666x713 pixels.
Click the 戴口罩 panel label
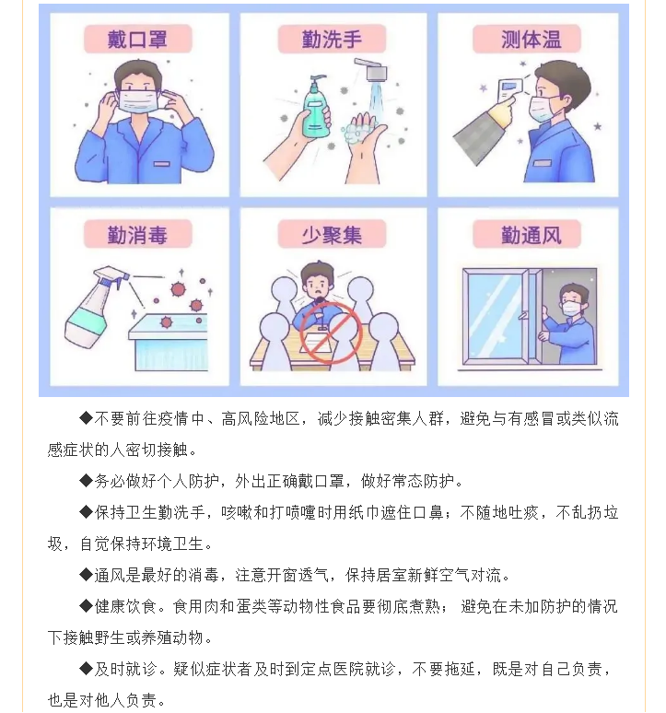[x=137, y=40]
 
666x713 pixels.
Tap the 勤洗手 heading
[x=332, y=40]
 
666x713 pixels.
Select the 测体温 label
[x=531, y=40]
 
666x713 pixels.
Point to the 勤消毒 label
[x=137, y=235]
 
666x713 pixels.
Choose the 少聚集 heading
[x=332, y=235]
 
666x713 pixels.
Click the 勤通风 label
[x=531, y=235]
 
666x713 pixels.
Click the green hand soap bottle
[x=316, y=108]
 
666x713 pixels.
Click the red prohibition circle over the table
[x=331, y=333]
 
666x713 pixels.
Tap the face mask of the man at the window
[x=571, y=309]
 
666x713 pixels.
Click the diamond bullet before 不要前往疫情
[x=86, y=418]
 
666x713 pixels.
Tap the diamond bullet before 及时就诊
[x=86, y=669]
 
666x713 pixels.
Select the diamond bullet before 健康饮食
[x=86, y=606]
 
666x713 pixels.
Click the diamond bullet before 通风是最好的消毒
[x=86, y=575]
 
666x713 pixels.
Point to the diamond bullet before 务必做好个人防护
[x=86, y=481]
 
